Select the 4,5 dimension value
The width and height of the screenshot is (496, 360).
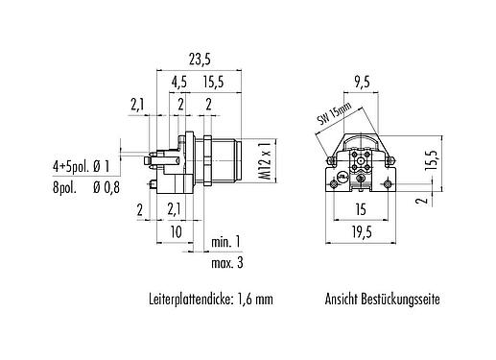tap(179, 83)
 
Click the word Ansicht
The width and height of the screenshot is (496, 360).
tap(343, 299)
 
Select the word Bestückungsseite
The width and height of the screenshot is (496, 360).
tap(402, 299)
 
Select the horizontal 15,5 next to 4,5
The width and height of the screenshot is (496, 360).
tap(212, 83)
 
